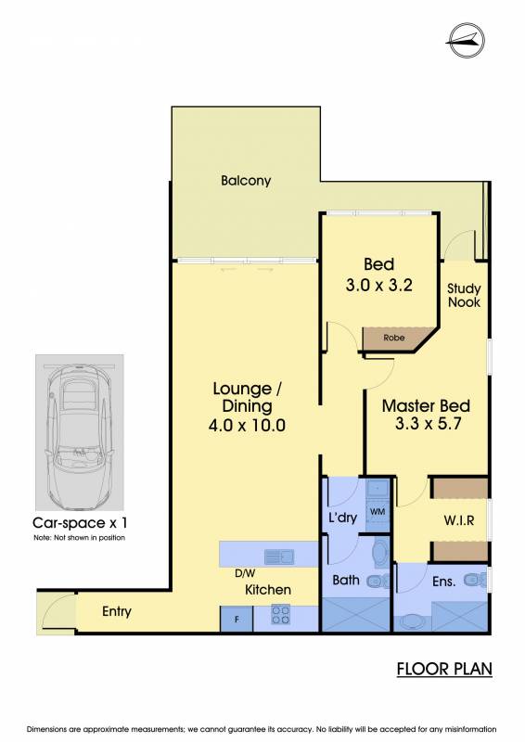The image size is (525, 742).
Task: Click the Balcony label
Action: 246,180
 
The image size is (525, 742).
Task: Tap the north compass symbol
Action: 466,41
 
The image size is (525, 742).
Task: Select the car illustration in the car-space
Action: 79,431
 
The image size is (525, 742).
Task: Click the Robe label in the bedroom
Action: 394,338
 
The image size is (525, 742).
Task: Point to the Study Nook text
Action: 464,295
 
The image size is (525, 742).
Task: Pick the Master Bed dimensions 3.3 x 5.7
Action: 428,423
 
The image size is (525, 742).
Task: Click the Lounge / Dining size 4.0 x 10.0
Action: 247,425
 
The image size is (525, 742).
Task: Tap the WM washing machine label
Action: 378,512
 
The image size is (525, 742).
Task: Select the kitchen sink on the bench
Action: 279,556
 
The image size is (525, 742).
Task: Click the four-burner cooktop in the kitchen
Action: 280,615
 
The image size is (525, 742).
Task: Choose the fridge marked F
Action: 237,619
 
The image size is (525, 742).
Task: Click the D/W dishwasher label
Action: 245,573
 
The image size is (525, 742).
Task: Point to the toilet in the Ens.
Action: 475,579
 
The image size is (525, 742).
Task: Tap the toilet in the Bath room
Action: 378,581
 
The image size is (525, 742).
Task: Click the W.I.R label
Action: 459,520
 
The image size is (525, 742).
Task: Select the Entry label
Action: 117,611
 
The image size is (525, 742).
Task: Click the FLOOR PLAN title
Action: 444,669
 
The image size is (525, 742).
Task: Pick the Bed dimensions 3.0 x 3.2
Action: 378,285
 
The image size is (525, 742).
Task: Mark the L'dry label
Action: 342,518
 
